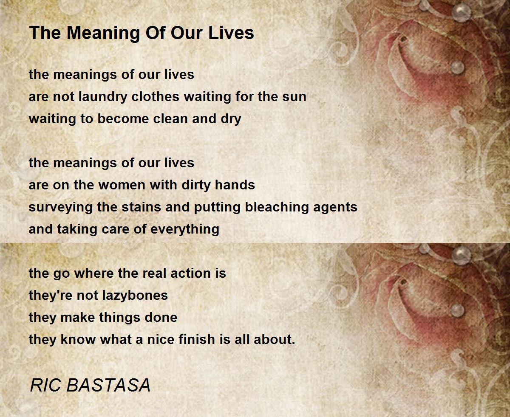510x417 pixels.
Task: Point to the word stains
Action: pos(141,207)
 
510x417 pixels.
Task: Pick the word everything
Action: pos(185,230)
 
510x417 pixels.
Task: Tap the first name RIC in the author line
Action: pos(45,385)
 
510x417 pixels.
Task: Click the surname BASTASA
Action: pos(108,385)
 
